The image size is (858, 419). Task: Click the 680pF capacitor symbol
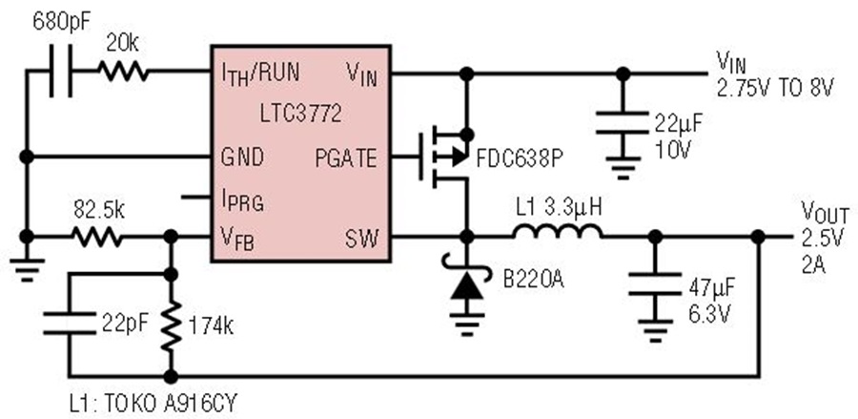point(60,72)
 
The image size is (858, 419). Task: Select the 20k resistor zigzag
point(123,72)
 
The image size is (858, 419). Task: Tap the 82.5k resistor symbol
point(97,237)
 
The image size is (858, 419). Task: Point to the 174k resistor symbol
point(172,325)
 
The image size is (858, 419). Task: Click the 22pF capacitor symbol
point(69,324)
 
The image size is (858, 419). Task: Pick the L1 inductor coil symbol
point(558,231)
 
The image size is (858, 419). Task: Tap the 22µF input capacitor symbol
point(623,122)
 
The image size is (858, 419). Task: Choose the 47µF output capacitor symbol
point(655,283)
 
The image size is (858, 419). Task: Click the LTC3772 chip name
point(301,114)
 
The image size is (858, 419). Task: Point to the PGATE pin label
point(346,158)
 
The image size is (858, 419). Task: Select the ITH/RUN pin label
point(260,73)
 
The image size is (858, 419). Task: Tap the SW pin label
point(361,239)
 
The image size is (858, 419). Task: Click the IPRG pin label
point(242,200)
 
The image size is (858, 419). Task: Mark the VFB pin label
point(237,239)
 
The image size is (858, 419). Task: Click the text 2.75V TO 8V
point(775,88)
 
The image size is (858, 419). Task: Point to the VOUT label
point(826,212)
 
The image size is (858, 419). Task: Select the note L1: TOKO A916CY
point(153,405)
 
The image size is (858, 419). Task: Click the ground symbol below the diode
point(467,324)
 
